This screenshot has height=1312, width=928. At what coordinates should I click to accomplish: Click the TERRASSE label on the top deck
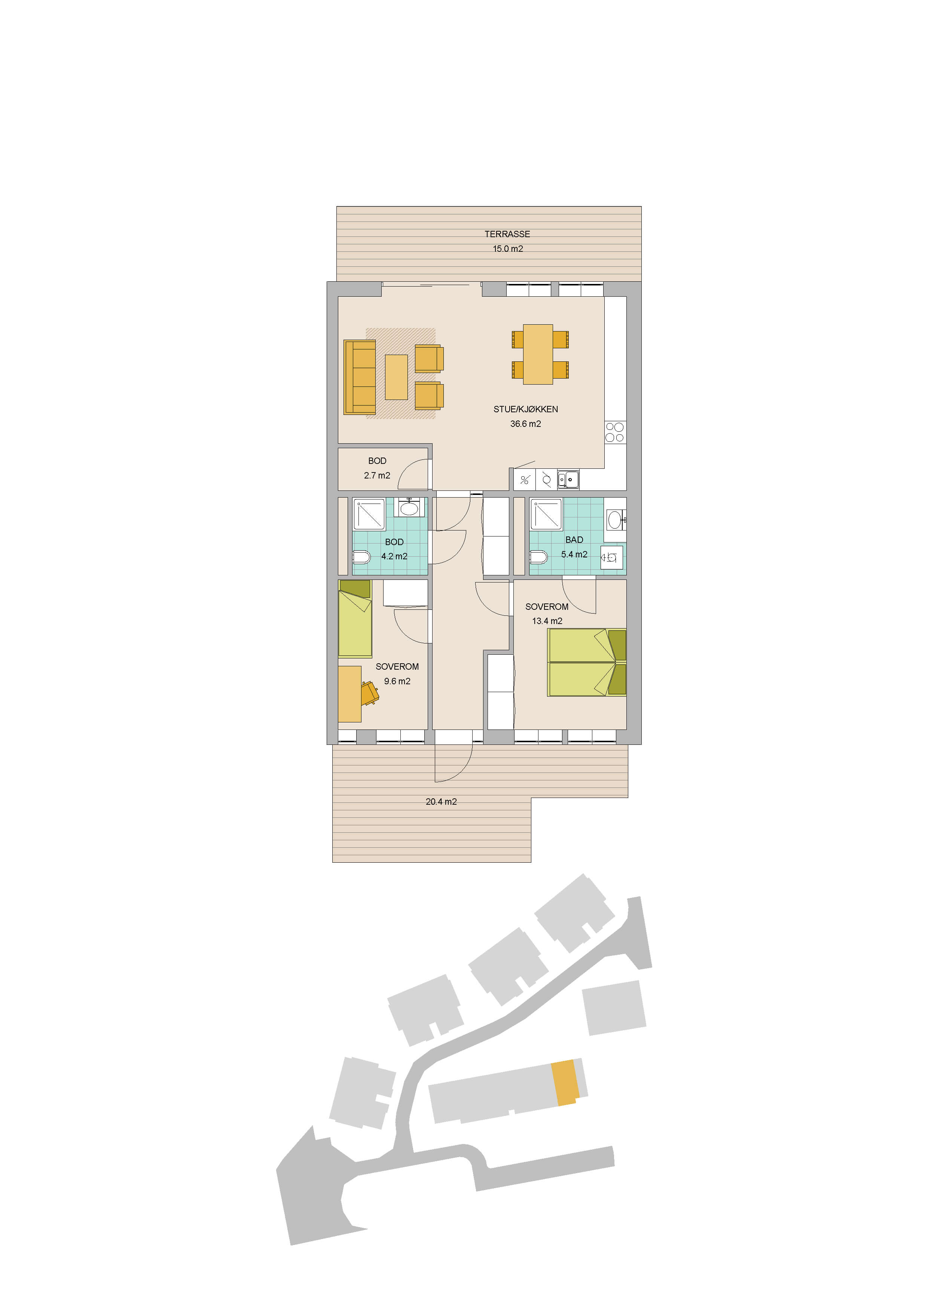(507, 234)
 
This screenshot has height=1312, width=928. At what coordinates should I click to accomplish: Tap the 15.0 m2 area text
(508, 248)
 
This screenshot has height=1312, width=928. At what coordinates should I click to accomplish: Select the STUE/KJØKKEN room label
(526, 409)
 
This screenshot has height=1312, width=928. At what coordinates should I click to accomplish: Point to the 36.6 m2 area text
(526, 424)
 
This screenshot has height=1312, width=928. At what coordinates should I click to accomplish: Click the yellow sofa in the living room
(360, 377)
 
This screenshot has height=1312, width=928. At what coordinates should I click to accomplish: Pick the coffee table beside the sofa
(396, 377)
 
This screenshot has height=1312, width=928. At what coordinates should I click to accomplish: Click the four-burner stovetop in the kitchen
(615, 432)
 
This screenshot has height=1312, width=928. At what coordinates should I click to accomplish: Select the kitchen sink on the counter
(568, 480)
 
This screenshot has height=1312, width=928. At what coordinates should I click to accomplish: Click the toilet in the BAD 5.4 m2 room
(538, 557)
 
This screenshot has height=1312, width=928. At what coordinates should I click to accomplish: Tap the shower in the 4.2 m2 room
(369, 514)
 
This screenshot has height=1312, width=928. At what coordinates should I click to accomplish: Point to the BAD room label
(574, 540)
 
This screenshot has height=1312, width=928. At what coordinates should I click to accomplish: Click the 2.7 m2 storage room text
(377, 475)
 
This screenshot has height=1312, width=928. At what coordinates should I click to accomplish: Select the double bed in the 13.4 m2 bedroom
(587, 662)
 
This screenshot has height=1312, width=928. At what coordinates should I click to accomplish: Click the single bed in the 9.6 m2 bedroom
(355, 619)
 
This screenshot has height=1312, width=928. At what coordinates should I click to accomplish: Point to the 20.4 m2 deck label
(441, 802)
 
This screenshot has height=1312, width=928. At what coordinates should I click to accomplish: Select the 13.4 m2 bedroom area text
(547, 621)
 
